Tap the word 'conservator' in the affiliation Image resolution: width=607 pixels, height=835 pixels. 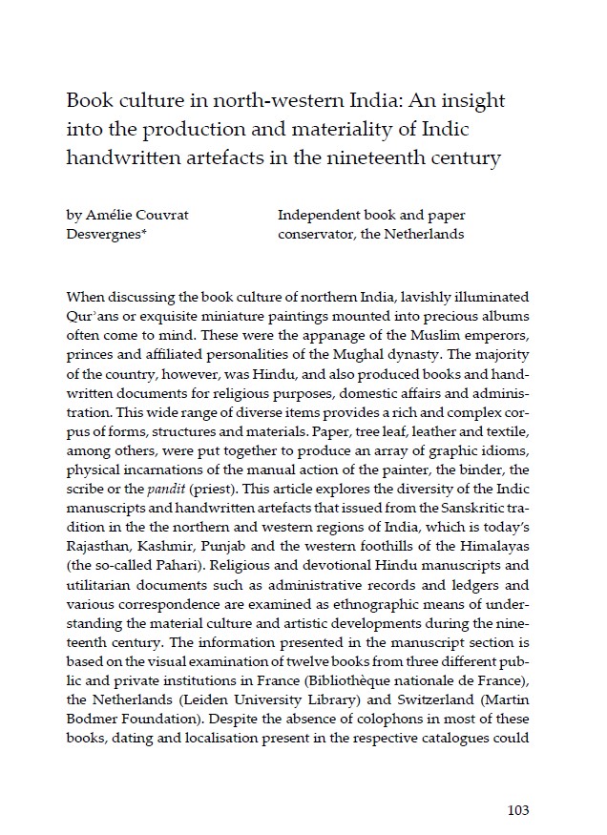(318, 234)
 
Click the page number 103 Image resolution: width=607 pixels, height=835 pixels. (518, 811)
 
